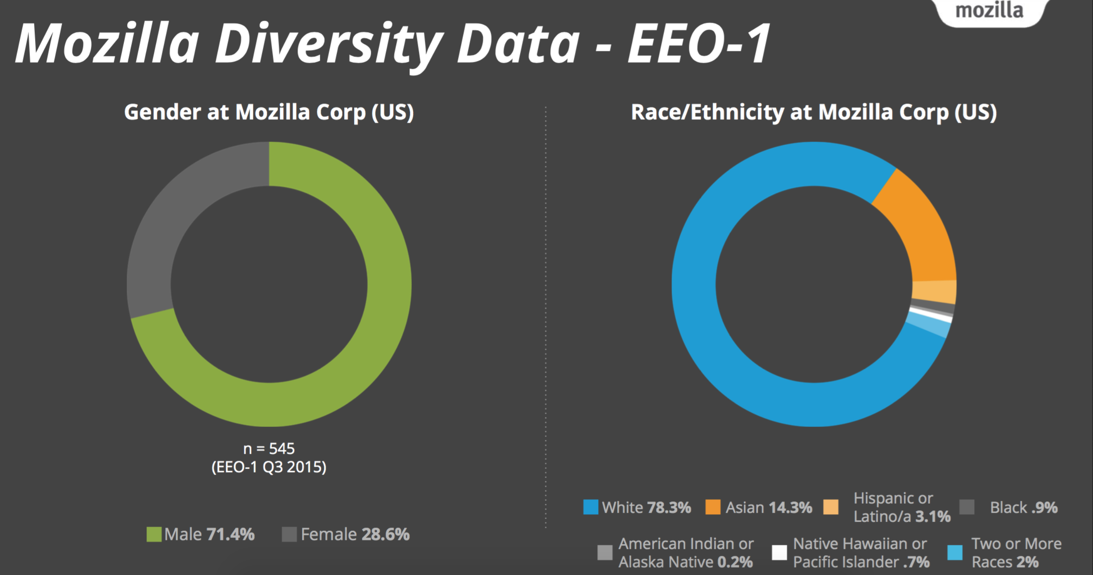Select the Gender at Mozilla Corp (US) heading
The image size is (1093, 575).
click(x=269, y=112)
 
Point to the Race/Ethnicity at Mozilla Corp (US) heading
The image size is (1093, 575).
click(x=814, y=112)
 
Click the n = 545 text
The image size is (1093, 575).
click(x=269, y=448)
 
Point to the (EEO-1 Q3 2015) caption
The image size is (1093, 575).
click(x=269, y=467)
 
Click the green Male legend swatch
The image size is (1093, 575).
click(x=154, y=534)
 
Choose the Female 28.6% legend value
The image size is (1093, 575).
click(x=385, y=534)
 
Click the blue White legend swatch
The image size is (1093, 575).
click(x=590, y=507)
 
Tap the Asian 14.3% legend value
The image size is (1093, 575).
click(x=790, y=507)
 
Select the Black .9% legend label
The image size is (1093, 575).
click(x=1023, y=507)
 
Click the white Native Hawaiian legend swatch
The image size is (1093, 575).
click(x=779, y=553)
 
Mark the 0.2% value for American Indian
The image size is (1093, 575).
click(x=735, y=562)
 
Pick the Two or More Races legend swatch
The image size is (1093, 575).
click(x=955, y=553)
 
